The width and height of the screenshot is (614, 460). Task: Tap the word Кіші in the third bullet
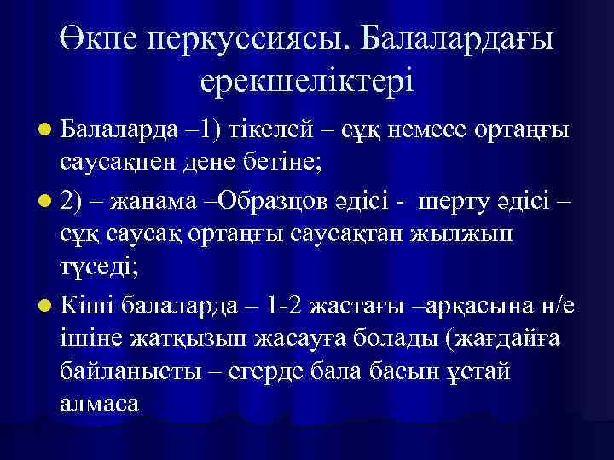coord(90,304)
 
